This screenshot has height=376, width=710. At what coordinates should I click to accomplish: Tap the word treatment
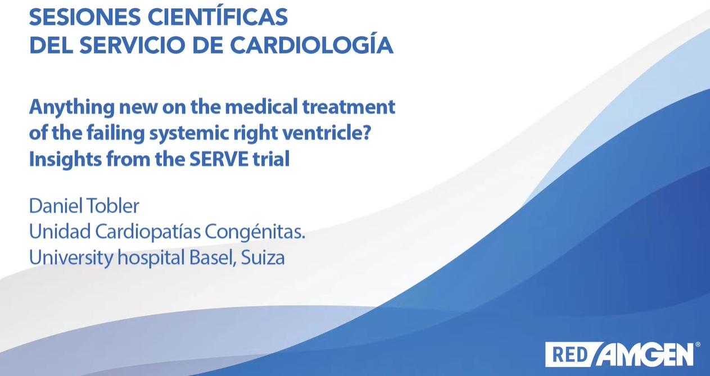(349, 107)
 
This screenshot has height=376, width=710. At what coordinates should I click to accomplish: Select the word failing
(115, 133)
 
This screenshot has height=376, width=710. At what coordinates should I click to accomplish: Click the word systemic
(189, 134)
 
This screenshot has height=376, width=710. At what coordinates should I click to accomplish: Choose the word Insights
(65, 159)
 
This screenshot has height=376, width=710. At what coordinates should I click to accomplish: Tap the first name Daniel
(56, 206)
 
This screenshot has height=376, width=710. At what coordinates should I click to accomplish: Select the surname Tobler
(112, 206)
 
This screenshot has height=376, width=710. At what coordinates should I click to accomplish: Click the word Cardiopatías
(148, 232)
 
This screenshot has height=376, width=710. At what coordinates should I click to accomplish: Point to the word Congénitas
(255, 232)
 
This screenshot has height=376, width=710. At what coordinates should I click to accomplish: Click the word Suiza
(263, 257)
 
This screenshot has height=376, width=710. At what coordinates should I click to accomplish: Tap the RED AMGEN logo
(622, 355)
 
